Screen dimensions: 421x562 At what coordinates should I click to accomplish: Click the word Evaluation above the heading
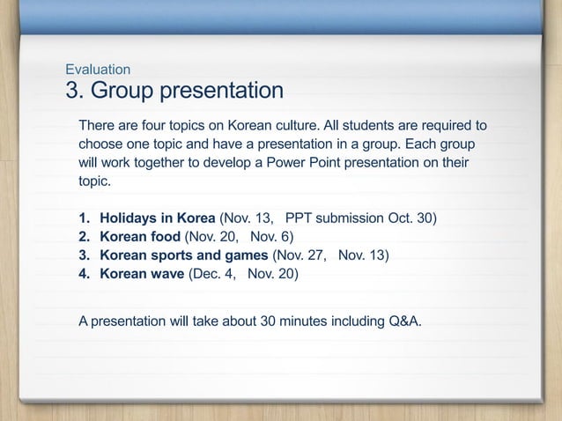(x=99, y=69)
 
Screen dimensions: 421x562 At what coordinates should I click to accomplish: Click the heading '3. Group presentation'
(x=174, y=92)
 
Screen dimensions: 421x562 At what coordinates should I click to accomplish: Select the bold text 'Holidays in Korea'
(x=157, y=218)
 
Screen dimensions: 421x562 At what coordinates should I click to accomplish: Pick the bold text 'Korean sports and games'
(x=184, y=255)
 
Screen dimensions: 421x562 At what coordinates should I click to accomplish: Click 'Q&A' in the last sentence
(x=403, y=318)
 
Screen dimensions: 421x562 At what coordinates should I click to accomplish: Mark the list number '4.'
(x=85, y=274)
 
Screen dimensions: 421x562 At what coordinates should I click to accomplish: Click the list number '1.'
(x=85, y=218)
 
